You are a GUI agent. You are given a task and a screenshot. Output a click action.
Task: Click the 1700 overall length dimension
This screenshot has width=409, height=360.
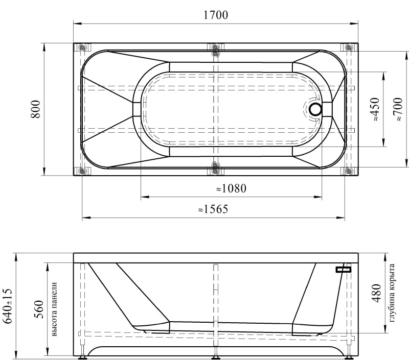coord(215,15)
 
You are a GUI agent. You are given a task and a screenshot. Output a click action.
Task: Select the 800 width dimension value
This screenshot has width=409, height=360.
coord(36,109)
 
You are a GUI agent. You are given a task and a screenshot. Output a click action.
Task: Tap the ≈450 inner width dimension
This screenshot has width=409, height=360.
coord(375,109)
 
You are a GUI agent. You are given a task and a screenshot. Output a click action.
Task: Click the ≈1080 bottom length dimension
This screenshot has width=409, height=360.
coord(231,188)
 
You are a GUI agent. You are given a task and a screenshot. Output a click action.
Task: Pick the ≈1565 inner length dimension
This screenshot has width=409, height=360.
coord(213,209)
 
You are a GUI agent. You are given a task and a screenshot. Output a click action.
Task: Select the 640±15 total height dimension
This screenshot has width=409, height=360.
coord(8,306)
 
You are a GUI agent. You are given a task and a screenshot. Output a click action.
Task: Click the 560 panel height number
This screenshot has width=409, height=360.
coord(39,309)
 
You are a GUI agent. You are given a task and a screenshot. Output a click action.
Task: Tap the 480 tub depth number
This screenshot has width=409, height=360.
coord(377,293)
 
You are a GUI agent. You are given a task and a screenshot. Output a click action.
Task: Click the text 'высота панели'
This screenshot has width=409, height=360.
coord(54,309)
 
